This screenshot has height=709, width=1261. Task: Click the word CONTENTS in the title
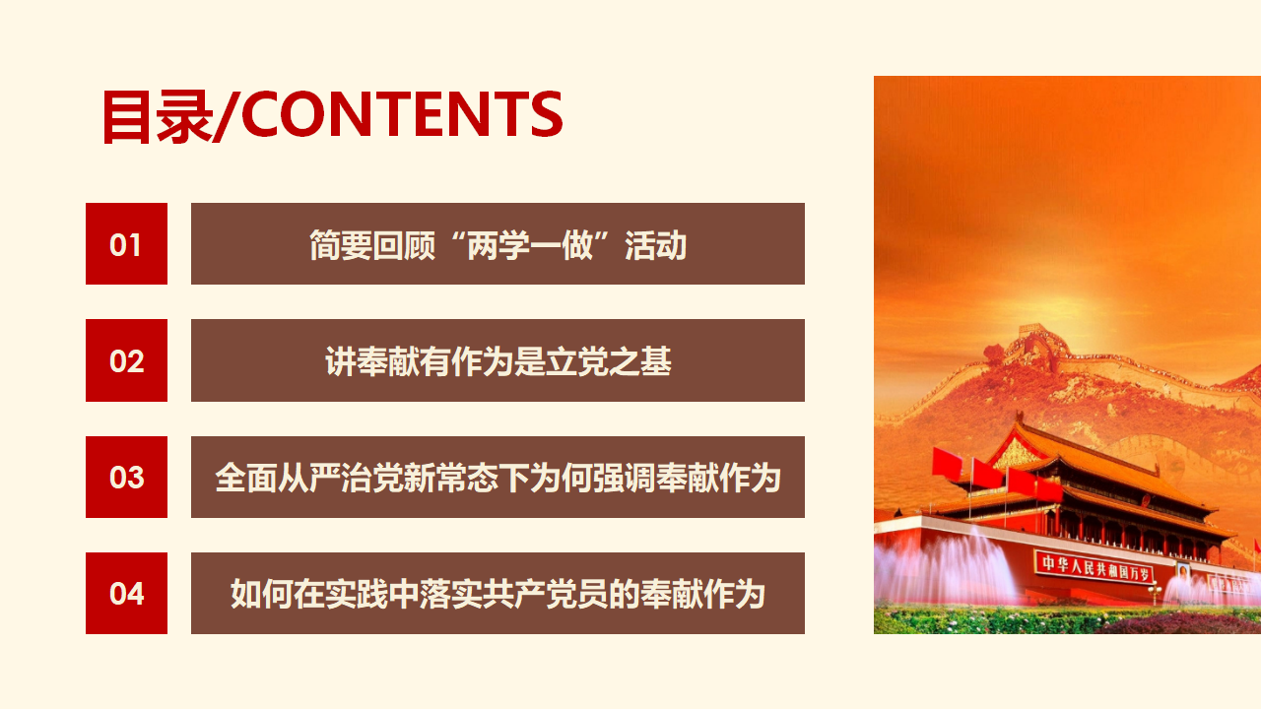(402, 114)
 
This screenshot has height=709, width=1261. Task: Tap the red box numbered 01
(126, 243)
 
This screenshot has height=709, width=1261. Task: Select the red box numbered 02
(126, 360)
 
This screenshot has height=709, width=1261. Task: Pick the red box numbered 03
(126, 477)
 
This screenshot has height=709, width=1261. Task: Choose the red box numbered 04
(126, 593)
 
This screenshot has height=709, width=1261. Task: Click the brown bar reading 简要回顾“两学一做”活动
(498, 243)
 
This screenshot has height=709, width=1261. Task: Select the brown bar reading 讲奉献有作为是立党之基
(498, 360)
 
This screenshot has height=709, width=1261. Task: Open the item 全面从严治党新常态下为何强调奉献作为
(498, 477)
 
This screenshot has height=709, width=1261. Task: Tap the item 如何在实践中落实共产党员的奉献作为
(498, 593)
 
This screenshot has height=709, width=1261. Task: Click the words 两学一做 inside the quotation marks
(530, 245)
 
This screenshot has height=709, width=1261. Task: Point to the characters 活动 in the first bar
(656, 245)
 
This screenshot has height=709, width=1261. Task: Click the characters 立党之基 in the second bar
(609, 361)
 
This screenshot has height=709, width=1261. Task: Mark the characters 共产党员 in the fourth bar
(546, 594)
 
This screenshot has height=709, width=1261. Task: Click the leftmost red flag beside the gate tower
(947, 465)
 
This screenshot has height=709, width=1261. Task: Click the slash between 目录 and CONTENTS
(227, 115)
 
